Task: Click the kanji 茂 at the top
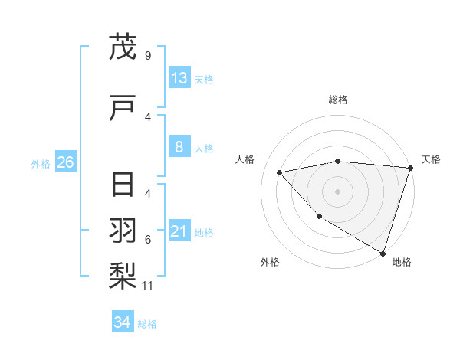click(123, 47)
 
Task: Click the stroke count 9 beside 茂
click(147, 56)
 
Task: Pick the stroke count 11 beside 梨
click(149, 286)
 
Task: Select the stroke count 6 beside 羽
click(147, 240)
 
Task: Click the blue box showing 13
click(179, 78)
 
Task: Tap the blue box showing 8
click(179, 147)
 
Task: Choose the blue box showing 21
click(179, 231)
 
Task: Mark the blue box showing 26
click(65, 162)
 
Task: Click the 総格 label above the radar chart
click(338, 100)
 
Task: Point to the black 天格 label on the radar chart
click(431, 159)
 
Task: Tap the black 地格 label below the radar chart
click(402, 262)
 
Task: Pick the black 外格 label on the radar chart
click(270, 262)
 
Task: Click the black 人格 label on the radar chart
click(245, 159)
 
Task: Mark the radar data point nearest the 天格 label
click(410, 168)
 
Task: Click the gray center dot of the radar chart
click(338, 191)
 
